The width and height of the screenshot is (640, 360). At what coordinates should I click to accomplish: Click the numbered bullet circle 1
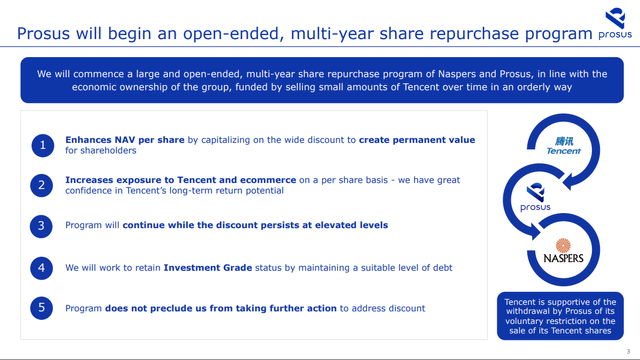(42, 146)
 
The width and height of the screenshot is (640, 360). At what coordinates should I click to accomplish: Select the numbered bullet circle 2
(42, 185)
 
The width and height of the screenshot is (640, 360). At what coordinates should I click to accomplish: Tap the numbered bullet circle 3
(42, 226)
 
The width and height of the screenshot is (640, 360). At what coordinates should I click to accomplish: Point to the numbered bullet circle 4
(42, 267)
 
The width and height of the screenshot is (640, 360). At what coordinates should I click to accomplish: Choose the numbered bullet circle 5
(42, 308)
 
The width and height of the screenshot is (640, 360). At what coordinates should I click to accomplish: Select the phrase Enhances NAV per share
(113, 140)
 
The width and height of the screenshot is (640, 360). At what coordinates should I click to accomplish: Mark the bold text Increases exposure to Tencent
(134, 179)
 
